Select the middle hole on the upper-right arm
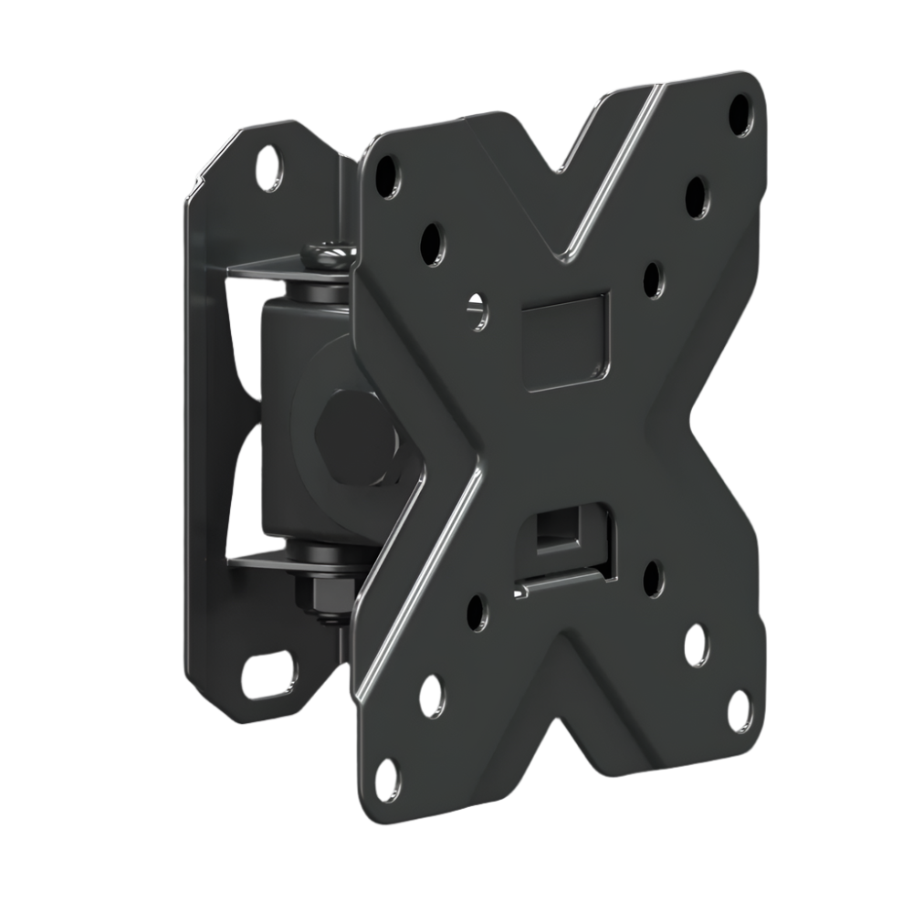coord(698,196)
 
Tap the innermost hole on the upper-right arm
coord(655,280)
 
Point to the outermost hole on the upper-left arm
coord(387,175)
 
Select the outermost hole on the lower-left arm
coord(387,778)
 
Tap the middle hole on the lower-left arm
coord(432,696)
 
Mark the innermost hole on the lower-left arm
coord(477,612)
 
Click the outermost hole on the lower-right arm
coord(740,710)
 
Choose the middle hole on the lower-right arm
coord(697,645)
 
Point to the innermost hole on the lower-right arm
coord(654,579)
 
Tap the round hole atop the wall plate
coord(269,167)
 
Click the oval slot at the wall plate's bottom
coord(268,675)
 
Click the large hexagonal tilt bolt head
coord(359,437)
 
